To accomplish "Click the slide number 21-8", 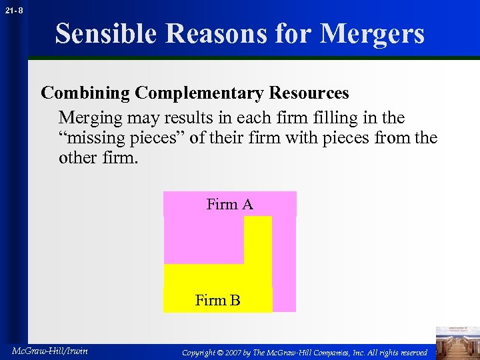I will tap(14, 10).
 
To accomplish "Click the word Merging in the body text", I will tap(88, 118).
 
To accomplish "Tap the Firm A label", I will tap(229, 205).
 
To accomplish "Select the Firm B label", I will tap(217, 301).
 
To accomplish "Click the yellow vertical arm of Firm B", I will tap(258, 240).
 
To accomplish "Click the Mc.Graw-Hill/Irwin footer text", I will tap(50, 351).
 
